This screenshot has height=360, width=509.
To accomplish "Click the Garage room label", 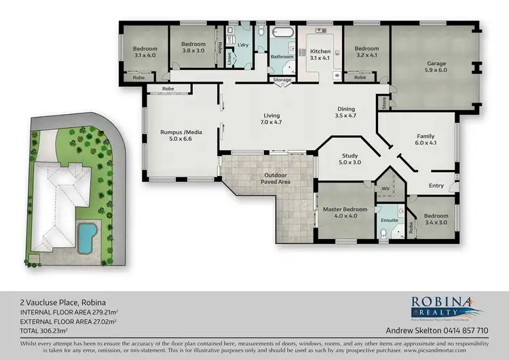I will point(436,64).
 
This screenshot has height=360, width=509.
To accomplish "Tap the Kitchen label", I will point(320,52).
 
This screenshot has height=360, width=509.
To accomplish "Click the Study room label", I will point(352,156).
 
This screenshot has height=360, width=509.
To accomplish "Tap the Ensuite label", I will point(389,221).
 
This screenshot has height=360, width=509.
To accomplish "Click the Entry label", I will point(436,185).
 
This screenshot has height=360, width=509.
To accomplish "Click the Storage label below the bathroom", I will point(282,80).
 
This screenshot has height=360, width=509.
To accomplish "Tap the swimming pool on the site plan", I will point(86,236).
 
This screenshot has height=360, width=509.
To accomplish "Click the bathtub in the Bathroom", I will point(281,32).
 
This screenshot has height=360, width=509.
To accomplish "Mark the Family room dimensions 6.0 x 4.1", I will point(426,144).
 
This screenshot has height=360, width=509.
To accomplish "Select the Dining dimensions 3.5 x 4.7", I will point(346,116).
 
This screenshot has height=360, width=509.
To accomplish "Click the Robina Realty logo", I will point(447,305).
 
